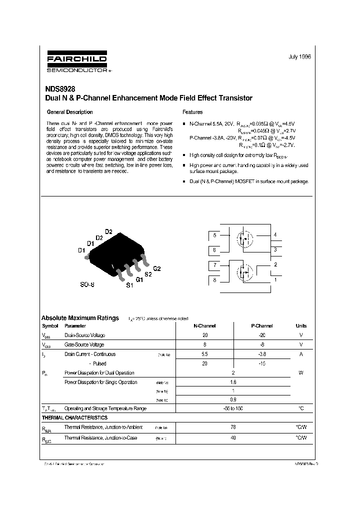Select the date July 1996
point(299,57)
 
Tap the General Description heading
point(69,112)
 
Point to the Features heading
point(192,112)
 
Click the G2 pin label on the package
point(156,268)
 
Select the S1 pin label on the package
point(129,285)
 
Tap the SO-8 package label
point(87,284)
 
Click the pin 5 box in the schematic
point(214,235)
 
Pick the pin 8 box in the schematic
point(214,280)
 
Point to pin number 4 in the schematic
point(275,234)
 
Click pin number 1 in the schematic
point(275,280)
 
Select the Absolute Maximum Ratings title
point(80,317)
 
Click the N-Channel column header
point(204,325)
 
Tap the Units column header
point(301,325)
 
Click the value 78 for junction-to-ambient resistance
point(233,427)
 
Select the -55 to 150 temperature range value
point(233,408)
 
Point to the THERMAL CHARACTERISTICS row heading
point(74,417)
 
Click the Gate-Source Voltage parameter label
point(84,344)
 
